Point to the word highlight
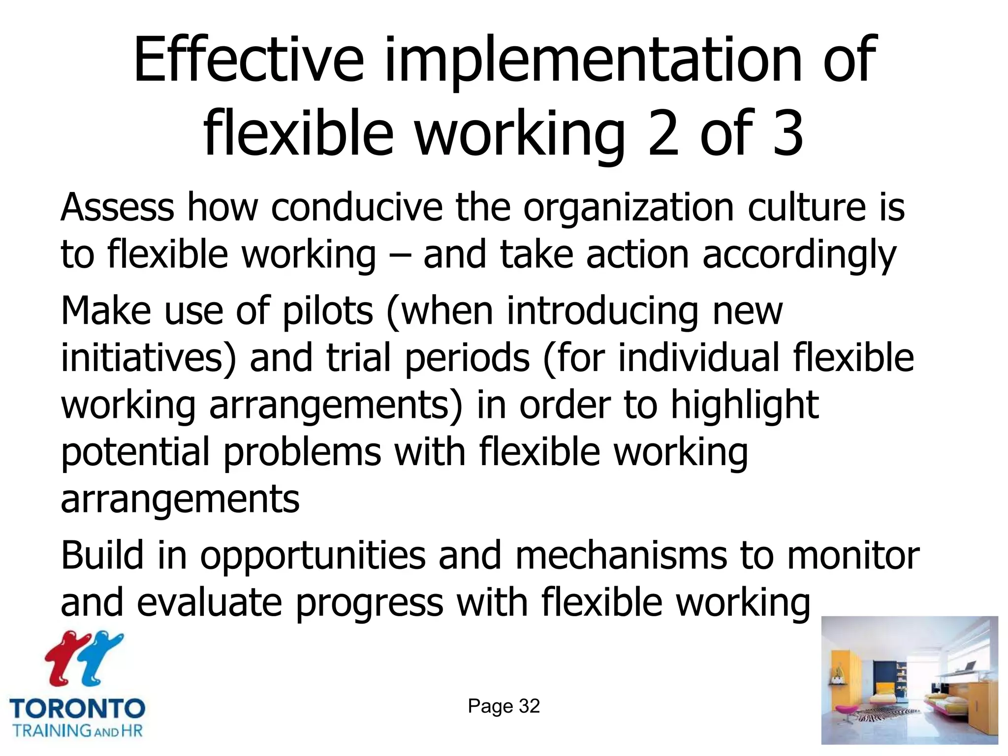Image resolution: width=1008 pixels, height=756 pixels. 745,405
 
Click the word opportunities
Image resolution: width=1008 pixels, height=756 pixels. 313,556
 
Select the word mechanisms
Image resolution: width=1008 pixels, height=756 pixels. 621,556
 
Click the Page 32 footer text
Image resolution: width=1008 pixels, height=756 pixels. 504,706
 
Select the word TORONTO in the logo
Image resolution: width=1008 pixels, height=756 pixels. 77,709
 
